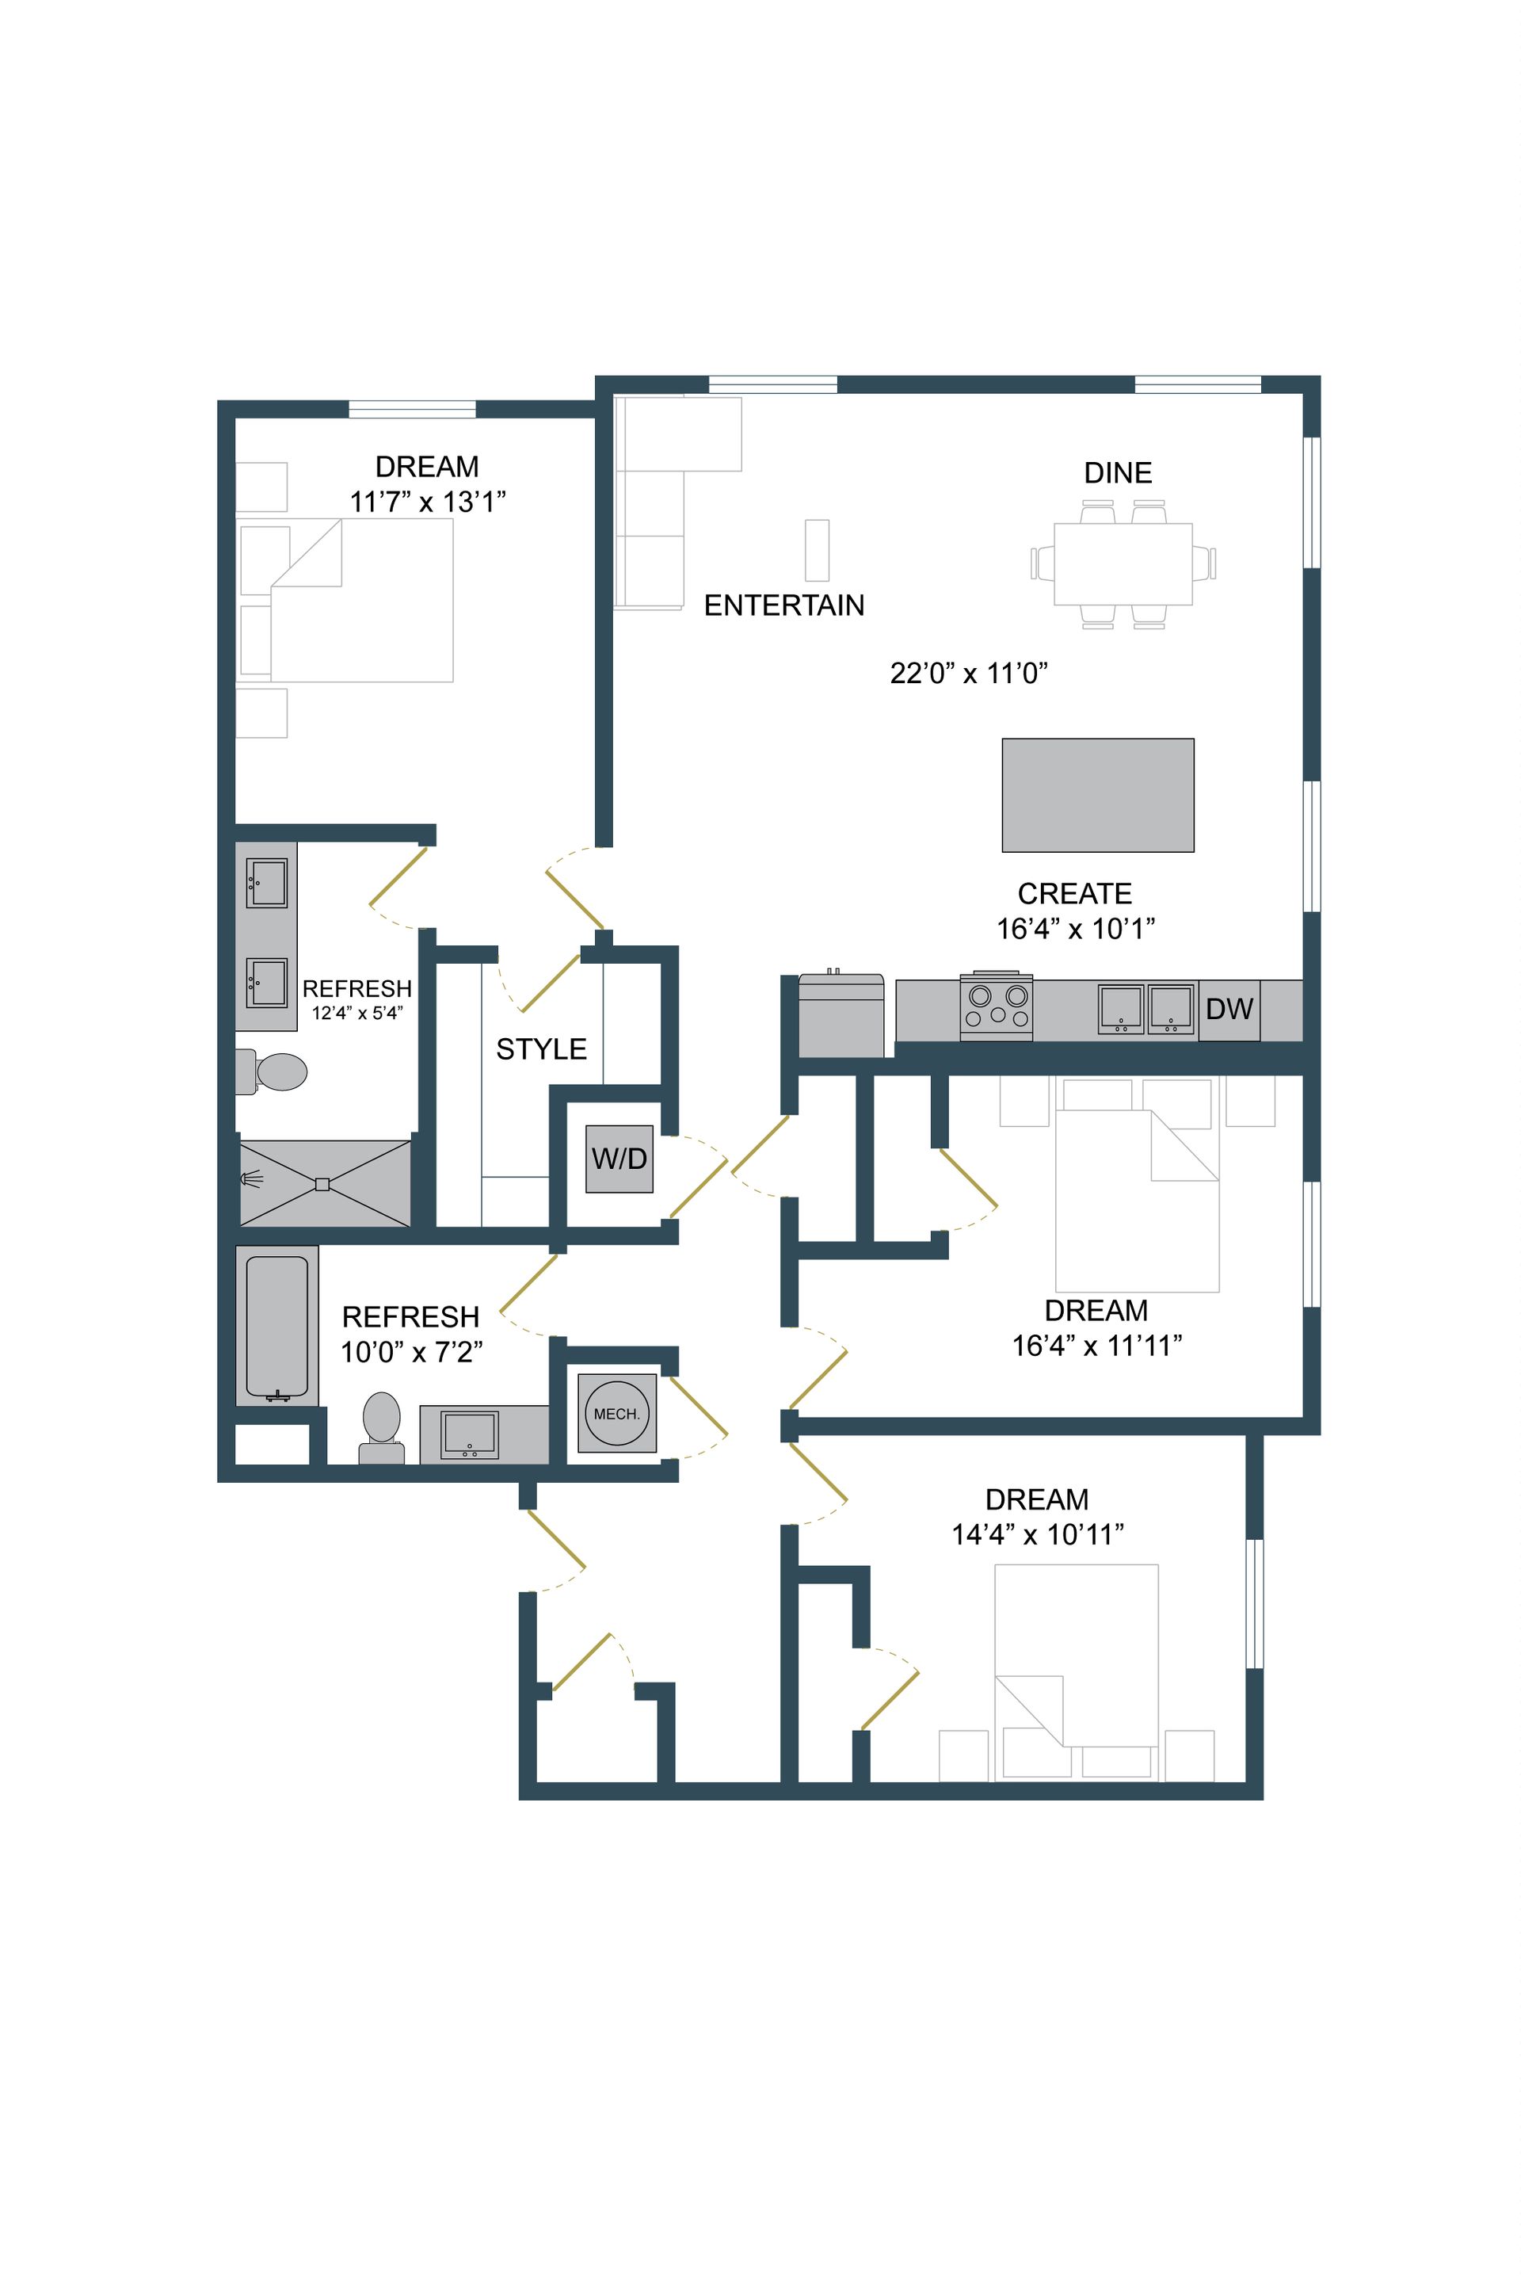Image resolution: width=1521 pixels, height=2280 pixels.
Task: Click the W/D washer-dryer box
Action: (619, 1159)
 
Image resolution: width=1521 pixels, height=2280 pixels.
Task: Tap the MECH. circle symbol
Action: (617, 1414)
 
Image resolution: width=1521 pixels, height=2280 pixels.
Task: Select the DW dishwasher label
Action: (1229, 1009)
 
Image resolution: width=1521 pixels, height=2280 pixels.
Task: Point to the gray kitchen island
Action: (1097, 796)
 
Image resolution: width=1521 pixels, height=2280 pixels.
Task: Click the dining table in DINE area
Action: (1123, 563)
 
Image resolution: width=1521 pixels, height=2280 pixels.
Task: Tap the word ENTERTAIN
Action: (783, 605)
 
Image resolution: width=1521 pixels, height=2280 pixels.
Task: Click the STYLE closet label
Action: (541, 1048)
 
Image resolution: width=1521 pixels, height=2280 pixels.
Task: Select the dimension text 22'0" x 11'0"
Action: (969, 674)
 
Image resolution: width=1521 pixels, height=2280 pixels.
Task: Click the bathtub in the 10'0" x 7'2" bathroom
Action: (277, 1325)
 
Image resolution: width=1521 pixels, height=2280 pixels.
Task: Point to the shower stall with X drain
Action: (325, 1184)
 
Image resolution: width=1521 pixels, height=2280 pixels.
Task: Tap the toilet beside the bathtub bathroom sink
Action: (381, 1426)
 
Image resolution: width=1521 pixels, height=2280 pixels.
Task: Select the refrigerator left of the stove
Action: (841, 1016)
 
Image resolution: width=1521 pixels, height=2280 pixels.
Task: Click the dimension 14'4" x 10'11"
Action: (1037, 1534)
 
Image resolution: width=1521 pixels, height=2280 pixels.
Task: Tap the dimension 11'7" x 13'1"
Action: (427, 502)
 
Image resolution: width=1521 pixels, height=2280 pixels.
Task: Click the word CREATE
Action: (1074, 894)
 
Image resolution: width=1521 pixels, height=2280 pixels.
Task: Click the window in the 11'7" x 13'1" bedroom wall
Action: (412, 408)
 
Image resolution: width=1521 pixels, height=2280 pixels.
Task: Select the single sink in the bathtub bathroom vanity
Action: (470, 1434)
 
